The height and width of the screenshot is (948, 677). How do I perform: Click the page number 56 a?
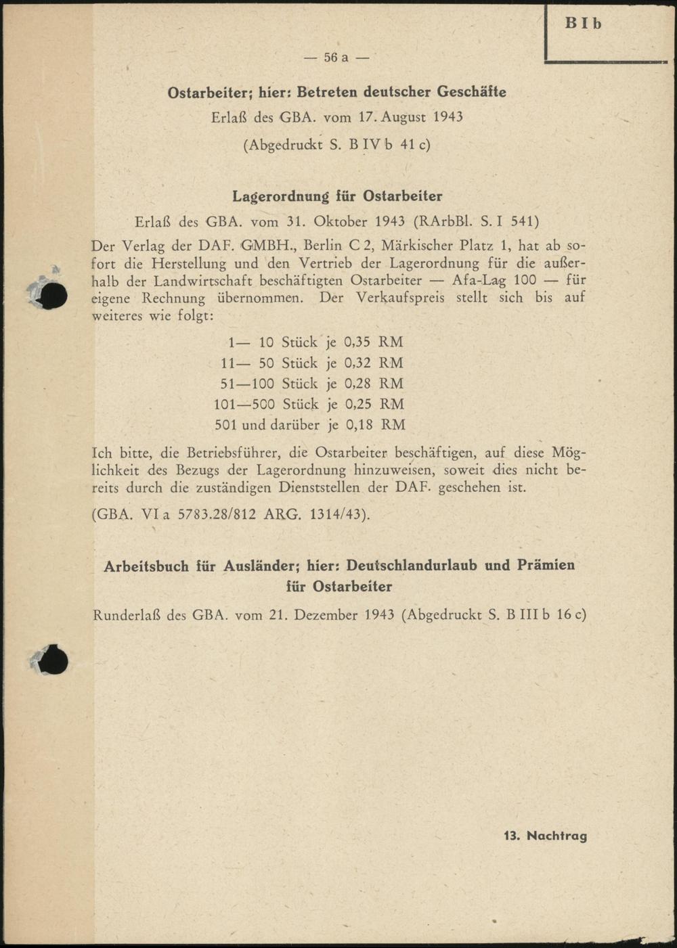(336, 58)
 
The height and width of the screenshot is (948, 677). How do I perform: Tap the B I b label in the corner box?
(584, 24)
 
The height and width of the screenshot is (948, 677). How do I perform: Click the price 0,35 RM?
(374, 342)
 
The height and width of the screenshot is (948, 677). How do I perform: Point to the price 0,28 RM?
(374, 384)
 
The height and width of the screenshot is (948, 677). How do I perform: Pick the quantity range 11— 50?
(247, 363)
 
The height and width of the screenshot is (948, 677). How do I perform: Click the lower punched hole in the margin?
(53, 661)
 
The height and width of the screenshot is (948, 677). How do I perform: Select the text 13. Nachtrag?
(545, 836)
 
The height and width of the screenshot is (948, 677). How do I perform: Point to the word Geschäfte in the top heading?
(472, 91)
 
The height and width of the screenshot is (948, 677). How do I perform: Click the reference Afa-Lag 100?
(494, 280)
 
